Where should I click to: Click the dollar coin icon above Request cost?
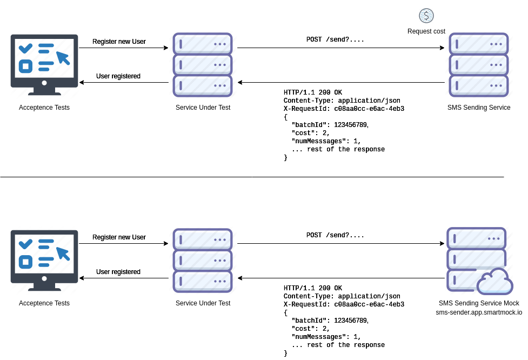pyautogui.click(x=426, y=16)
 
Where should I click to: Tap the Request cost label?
pyautogui.click(x=426, y=31)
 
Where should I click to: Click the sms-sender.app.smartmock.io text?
pyautogui.click(x=479, y=312)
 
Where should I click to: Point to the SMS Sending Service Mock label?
pyautogui.click(x=479, y=303)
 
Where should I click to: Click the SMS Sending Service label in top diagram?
pyautogui.click(x=479, y=108)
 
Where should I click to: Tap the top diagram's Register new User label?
pyautogui.click(x=119, y=42)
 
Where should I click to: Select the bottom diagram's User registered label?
pyautogui.click(x=118, y=272)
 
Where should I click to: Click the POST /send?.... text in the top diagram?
pyautogui.click(x=335, y=40)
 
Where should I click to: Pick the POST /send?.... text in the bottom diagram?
pyautogui.click(x=335, y=236)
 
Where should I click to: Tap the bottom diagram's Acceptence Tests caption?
pyautogui.click(x=44, y=303)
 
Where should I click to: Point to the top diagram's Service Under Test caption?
pyautogui.click(x=203, y=108)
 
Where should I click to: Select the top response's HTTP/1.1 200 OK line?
pyautogui.click(x=313, y=92)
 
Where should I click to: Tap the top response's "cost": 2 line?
pyautogui.click(x=311, y=133)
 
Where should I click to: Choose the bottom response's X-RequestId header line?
pyautogui.click(x=344, y=304)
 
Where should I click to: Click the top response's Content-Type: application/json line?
pyautogui.click(x=342, y=101)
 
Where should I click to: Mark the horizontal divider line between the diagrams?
pyautogui.click(x=252, y=176)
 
